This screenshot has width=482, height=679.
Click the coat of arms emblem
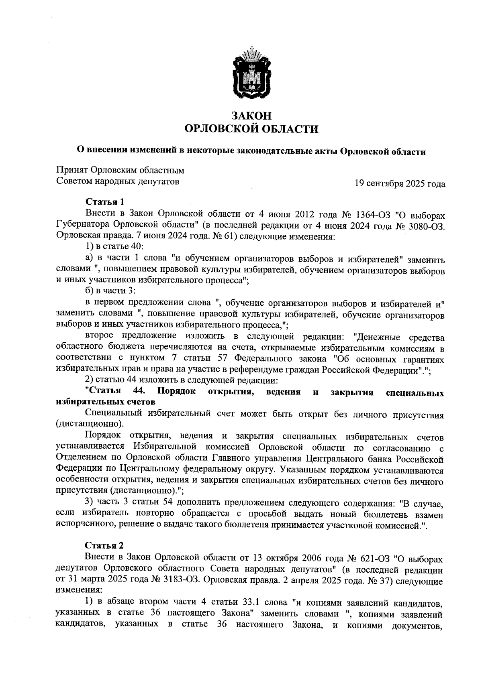(251, 73)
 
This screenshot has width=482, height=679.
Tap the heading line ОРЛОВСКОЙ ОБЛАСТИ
(251, 129)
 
